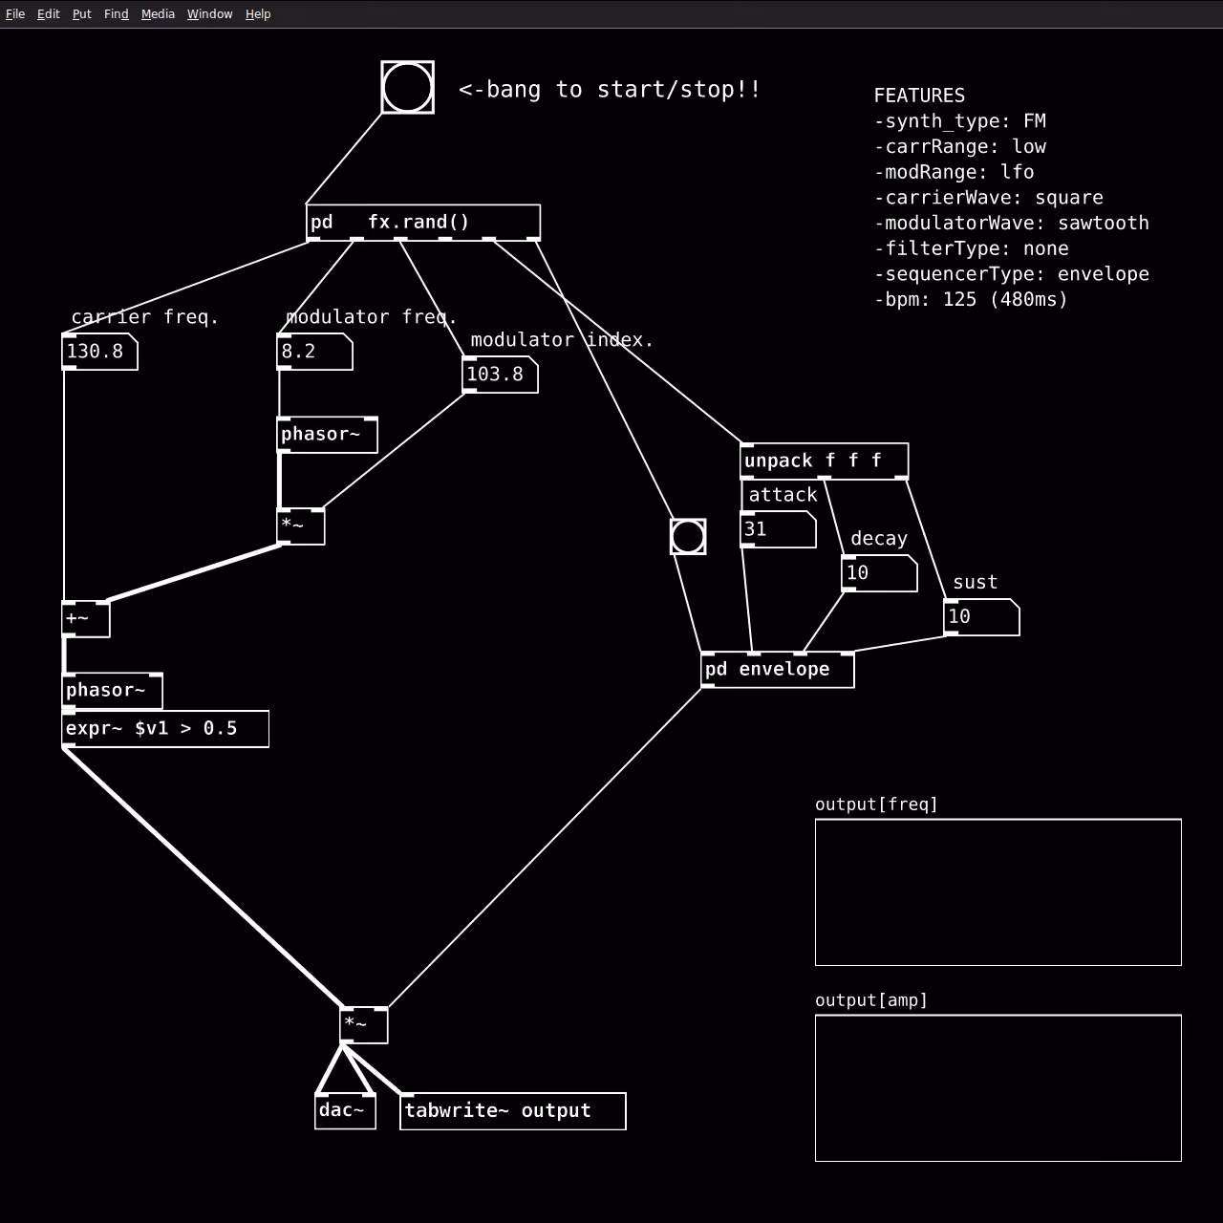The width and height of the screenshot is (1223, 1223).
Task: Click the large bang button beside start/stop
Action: pyautogui.click(x=407, y=88)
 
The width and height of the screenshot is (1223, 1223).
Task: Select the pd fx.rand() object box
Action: pyautogui.click(x=423, y=222)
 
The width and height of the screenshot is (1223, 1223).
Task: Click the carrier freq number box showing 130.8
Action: pyautogui.click(x=99, y=352)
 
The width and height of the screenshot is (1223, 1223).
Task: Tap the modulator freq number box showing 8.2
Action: pyautogui.click(x=314, y=352)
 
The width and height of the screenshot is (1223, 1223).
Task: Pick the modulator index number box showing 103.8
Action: pyautogui.click(x=500, y=375)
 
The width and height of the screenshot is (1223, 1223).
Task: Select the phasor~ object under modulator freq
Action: pyautogui.click(x=328, y=435)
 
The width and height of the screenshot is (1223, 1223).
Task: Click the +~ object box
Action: pyautogui.click(x=86, y=619)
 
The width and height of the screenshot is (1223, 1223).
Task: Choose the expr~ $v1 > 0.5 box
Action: pyautogui.click(x=165, y=729)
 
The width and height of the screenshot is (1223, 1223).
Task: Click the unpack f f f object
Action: pyautogui.click(x=825, y=461)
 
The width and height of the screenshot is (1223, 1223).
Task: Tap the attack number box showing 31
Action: pyautogui.click(x=778, y=529)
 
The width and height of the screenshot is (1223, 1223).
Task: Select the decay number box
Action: pyautogui.click(x=879, y=573)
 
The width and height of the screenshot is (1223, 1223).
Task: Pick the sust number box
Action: pyautogui.click(x=981, y=617)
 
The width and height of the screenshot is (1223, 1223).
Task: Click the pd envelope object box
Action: pyautogui.click(x=778, y=670)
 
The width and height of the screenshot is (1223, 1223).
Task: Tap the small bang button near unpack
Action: pyautogui.click(x=688, y=537)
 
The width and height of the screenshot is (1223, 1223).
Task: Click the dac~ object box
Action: pyautogui.click(x=345, y=1110)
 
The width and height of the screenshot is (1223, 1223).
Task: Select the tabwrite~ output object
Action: pyautogui.click(x=513, y=1110)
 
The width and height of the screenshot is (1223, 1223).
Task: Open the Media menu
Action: pyautogui.click(x=158, y=14)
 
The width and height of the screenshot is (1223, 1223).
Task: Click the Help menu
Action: pyautogui.click(x=258, y=14)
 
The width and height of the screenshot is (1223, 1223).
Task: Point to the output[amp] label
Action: pyautogui.click(x=870, y=1000)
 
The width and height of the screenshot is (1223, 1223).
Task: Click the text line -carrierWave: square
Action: pyautogui.click(x=989, y=198)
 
